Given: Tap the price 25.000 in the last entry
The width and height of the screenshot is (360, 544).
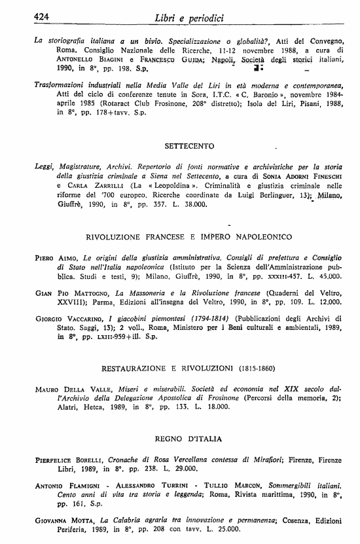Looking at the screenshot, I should click(238, 531).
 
